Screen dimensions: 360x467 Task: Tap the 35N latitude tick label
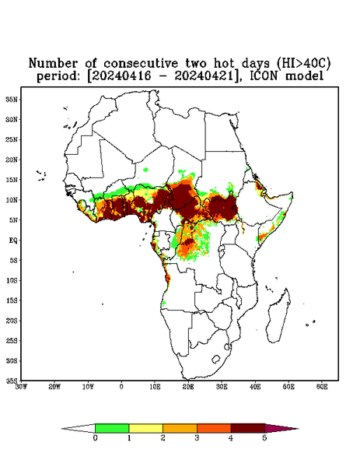12,99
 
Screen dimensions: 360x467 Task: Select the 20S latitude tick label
12,321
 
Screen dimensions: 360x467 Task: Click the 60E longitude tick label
322,387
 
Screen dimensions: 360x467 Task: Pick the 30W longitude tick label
21,387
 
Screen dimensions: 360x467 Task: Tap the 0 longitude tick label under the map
121,387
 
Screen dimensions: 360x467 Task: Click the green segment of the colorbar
112,428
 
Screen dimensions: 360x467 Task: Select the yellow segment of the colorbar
145,428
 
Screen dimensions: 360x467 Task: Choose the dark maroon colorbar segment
248,428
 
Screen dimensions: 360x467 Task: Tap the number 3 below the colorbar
197,438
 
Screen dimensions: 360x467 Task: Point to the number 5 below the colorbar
264,438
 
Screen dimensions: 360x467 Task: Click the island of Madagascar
278,318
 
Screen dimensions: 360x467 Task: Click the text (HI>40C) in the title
303,63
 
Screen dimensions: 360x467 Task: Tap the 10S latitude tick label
12,280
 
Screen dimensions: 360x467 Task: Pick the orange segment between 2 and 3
180,428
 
